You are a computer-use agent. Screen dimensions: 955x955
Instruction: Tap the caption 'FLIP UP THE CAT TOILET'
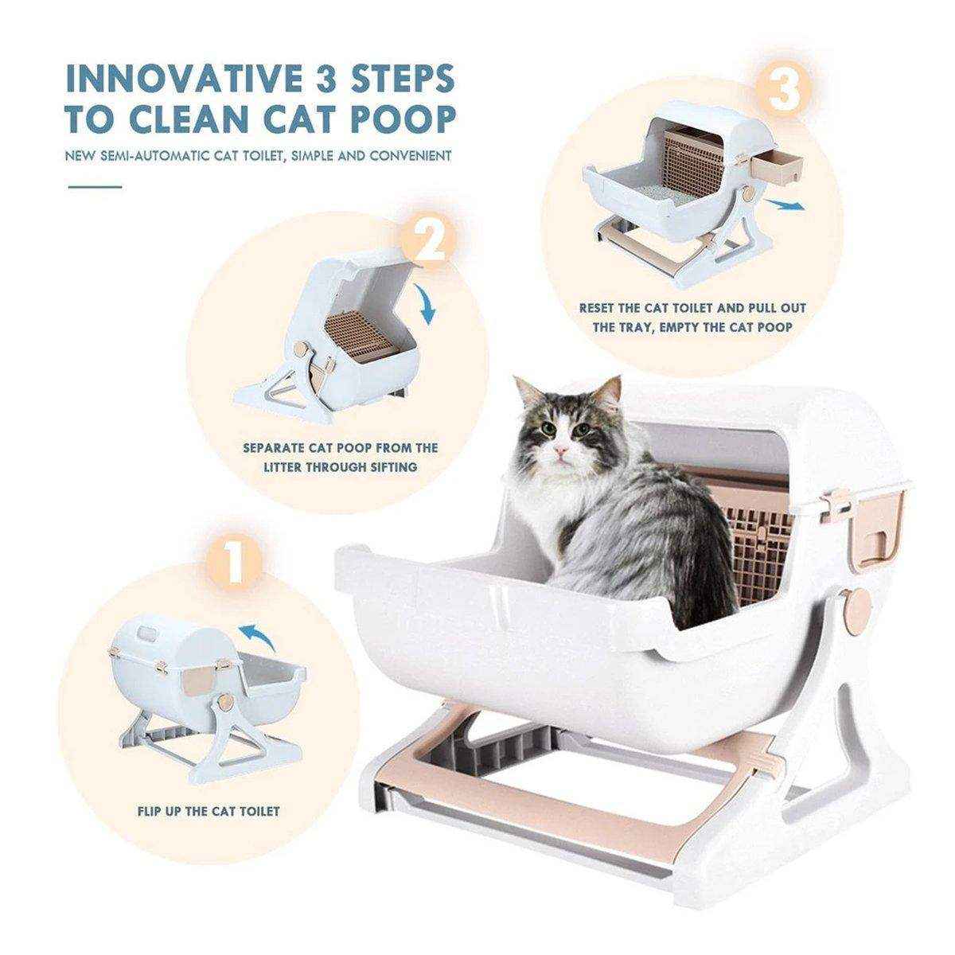click(x=207, y=812)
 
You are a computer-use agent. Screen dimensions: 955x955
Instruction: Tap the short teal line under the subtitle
click(x=94, y=187)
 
